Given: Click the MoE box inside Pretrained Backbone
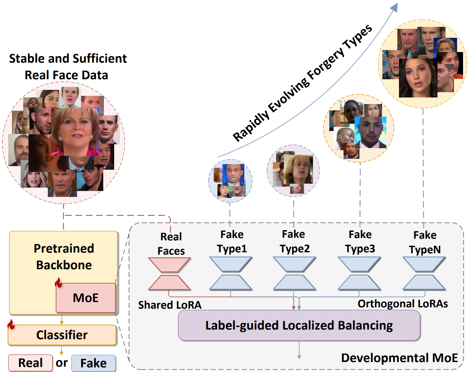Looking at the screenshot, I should pyautogui.click(x=86, y=298).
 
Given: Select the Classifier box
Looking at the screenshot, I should pyautogui.click(x=62, y=335).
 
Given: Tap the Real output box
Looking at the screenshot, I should pyautogui.click(x=31, y=363).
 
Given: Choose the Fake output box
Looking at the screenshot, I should pyautogui.click(x=94, y=363).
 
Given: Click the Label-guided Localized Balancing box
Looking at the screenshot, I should pyautogui.click(x=299, y=325).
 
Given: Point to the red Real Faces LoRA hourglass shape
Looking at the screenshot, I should pyautogui.click(x=169, y=274).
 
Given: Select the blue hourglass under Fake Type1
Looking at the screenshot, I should pyautogui.click(x=231, y=274).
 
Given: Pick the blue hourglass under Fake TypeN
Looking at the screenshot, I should pyautogui.click(x=424, y=274).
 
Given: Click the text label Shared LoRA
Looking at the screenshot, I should pyautogui.click(x=170, y=305).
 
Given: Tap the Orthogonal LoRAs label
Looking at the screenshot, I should pyautogui.click(x=403, y=304).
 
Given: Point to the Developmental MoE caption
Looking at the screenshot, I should pyautogui.click(x=399, y=358).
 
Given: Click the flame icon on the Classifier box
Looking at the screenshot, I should pyautogui.click(x=11, y=325).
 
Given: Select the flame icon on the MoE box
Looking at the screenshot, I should pyautogui.click(x=59, y=283).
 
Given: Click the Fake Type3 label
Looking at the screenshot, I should pyautogui.click(x=360, y=241).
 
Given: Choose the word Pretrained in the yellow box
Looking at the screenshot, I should pyautogui.click(x=64, y=248).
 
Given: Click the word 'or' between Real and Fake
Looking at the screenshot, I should pyautogui.click(x=62, y=363).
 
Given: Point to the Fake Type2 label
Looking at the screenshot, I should pyautogui.click(x=294, y=241).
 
